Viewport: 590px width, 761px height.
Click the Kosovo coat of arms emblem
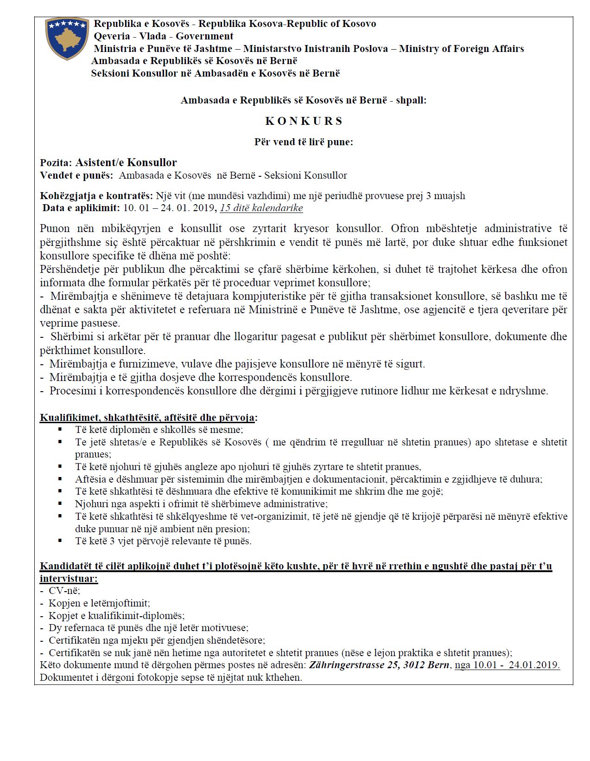[67, 39]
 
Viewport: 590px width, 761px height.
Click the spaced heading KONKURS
[304, 121]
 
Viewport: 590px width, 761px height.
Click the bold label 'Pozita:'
[56, 163]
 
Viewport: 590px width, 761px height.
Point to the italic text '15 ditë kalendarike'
[261, 208]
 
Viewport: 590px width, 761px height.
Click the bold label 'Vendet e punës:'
[76, 175]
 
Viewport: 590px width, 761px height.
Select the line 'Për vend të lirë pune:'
[304, 142]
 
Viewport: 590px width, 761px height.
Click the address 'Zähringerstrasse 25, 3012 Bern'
[379, 665]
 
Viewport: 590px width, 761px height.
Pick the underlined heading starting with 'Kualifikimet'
[148, 417]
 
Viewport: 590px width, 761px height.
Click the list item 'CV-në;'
[64, 591]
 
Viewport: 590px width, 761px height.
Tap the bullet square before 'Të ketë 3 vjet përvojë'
[60, 541]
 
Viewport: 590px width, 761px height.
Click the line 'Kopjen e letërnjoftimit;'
[99, 603]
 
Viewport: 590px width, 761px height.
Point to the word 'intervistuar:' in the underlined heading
[69, 579]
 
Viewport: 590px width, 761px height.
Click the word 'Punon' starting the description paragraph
[55, 228]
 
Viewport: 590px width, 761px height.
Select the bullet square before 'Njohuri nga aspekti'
[60, 503]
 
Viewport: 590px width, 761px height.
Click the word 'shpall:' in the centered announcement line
[411, 100]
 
